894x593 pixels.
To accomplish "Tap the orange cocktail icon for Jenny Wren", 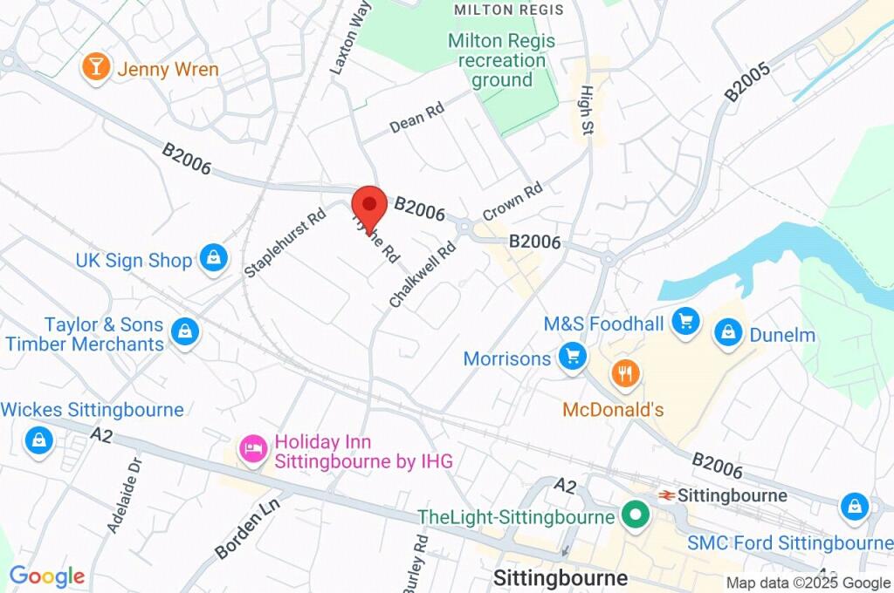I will (95, 67).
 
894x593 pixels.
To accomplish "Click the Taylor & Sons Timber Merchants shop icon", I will (184, 332).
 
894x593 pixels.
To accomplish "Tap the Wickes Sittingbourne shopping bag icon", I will (39, 440).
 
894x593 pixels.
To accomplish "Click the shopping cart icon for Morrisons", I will (573, 357).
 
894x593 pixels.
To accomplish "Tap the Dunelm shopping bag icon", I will (726, 333).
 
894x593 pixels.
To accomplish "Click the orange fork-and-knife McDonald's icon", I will (625, 374).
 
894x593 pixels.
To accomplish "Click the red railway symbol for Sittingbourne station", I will (665, 495).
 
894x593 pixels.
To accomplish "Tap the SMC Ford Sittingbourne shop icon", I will (854, 506).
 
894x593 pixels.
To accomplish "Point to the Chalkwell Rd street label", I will (423, 275).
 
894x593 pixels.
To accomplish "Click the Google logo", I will (47, 576).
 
